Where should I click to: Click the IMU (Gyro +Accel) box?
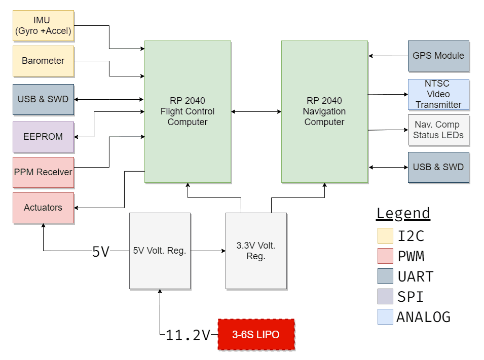click(x=43, y=26)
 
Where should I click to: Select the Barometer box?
click(x=43, y=61)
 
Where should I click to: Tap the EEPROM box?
click(x=43, y=137)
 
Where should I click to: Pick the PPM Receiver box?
click(x=43, y=172)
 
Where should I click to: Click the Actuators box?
click(x=43, y=208)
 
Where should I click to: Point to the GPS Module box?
click(x=438, y=56)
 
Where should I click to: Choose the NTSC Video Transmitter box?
click(x=438, y=94)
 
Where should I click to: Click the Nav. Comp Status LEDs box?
click(x=438, y=130)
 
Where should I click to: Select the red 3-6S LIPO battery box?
click(x=256, y=335)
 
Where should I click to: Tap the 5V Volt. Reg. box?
click(x=160, y=251)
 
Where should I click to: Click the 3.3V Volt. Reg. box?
click(x=256, y=251)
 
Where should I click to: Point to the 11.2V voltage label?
click(x=188, y=335)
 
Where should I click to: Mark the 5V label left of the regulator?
click(x=100, y=251)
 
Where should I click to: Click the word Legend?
click(x=403, y=213)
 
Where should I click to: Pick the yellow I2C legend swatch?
click(x=385, y=236)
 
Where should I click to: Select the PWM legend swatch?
click(x=385, y=256)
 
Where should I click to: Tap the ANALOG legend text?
click(x=423, y=317)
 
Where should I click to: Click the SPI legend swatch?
click(x=385, y=297)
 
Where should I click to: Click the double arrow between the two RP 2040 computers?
click(x=256, y=111)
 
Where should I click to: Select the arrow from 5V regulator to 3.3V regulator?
click(x=208, y=251)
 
